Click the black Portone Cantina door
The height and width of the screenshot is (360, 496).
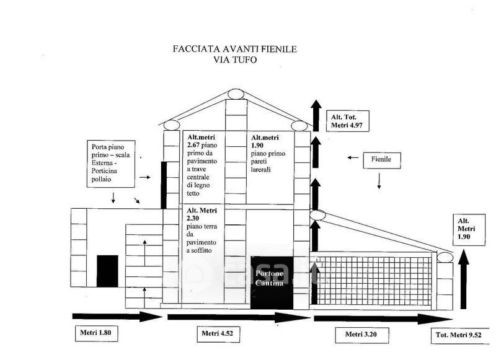(x=270, y=281)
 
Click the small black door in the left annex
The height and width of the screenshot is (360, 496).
(x=107, y=270)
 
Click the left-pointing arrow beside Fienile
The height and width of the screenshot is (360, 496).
(x=353, y=158)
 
